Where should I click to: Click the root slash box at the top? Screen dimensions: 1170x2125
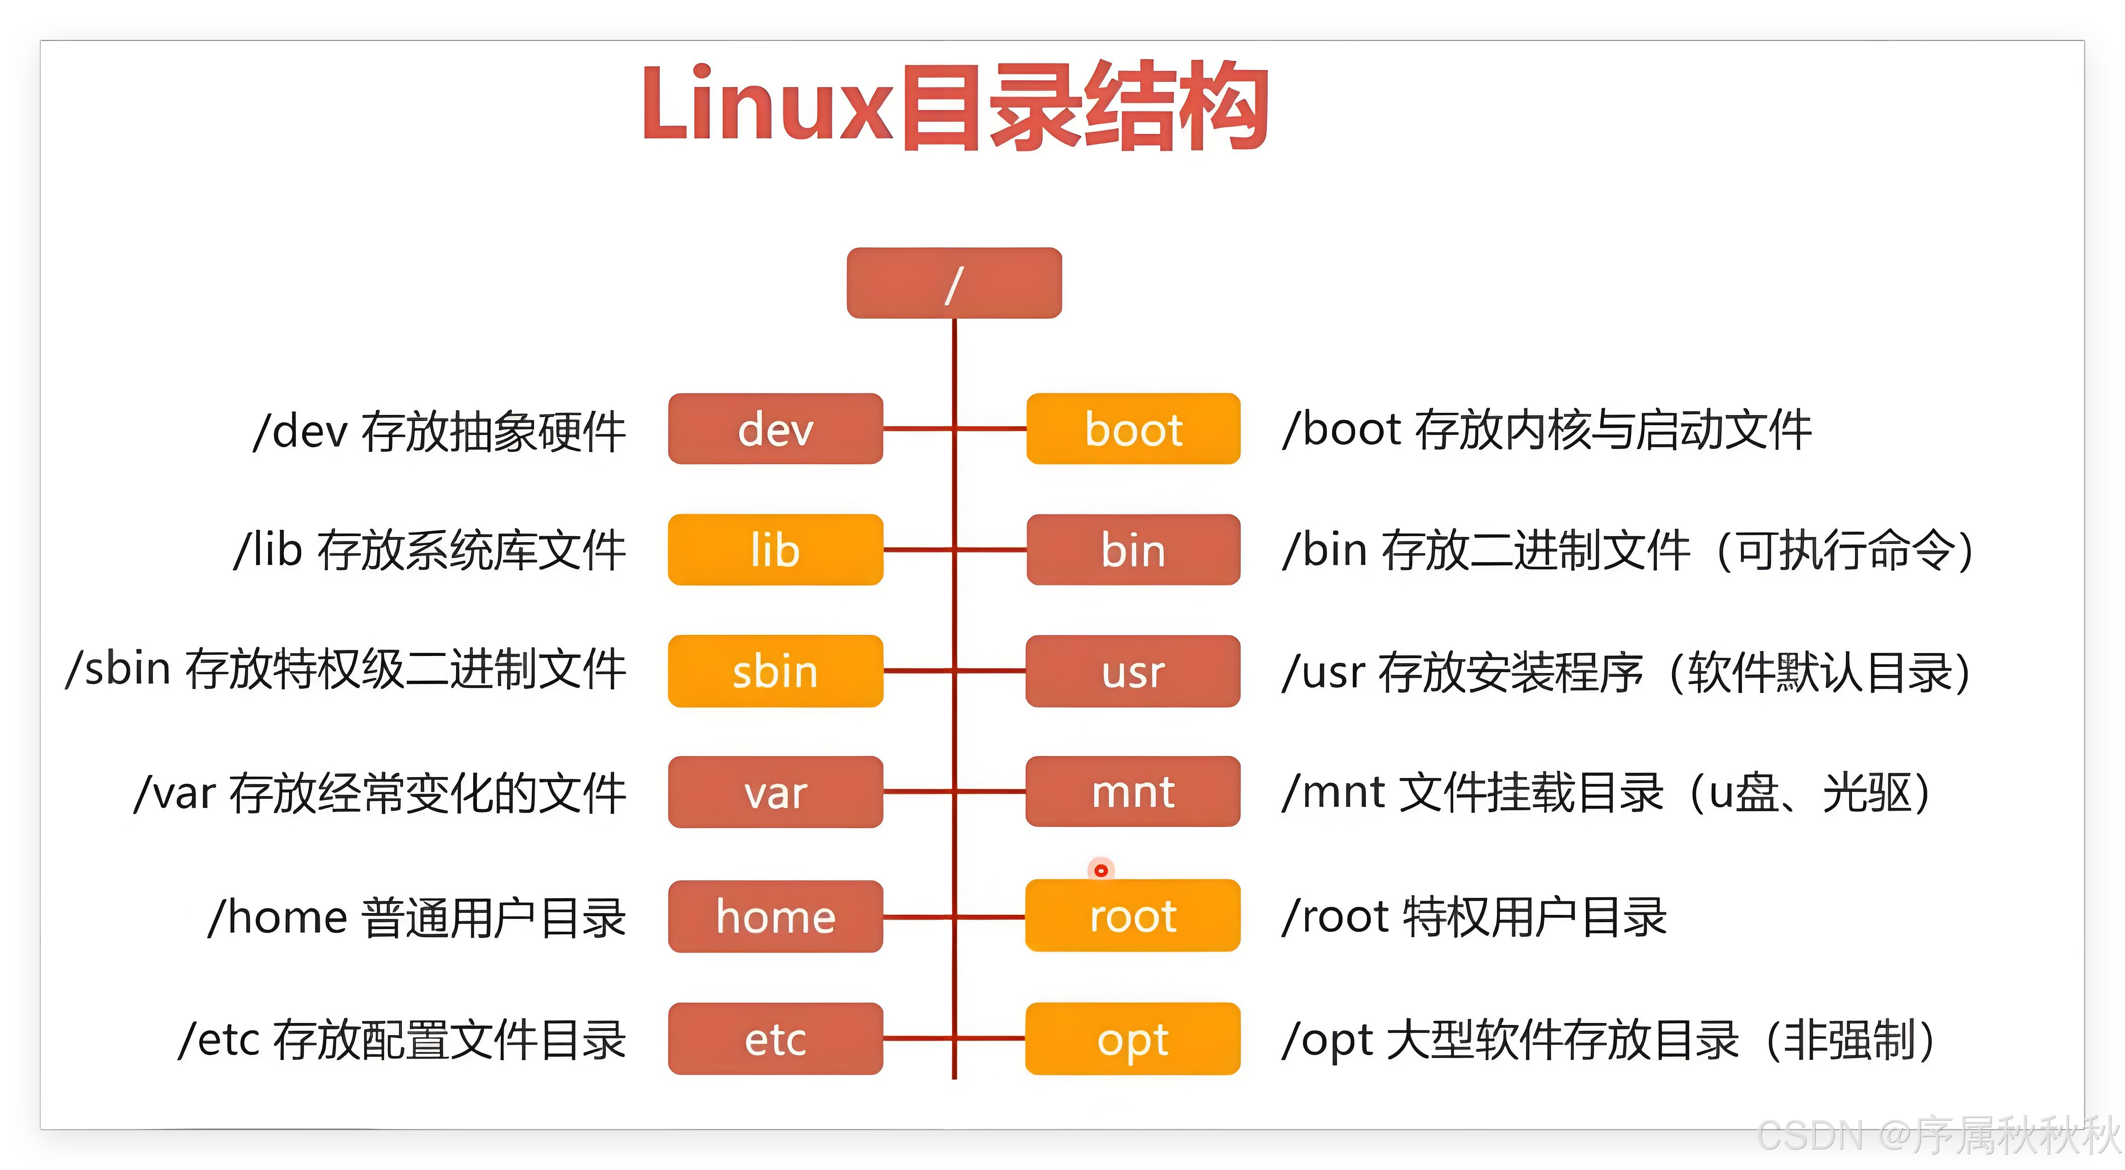point(954,283)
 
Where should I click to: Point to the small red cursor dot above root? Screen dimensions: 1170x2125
point(1100,870)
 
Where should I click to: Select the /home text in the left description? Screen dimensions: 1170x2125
point(278,917)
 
